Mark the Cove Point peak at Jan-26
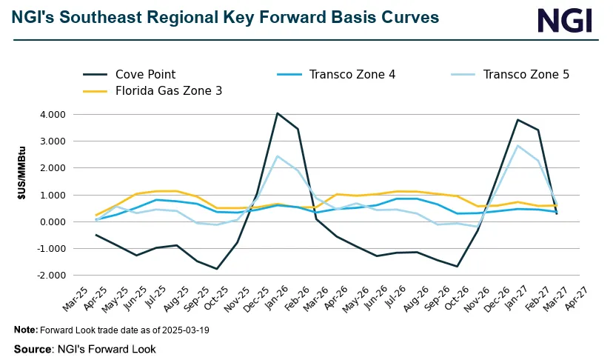[x=277, y=113]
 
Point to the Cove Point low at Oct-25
[x=216, y=269]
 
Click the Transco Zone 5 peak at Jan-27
[x=517, y=146]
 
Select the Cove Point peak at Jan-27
[x=517, y=120]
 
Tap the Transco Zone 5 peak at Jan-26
[x=277, y=156]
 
